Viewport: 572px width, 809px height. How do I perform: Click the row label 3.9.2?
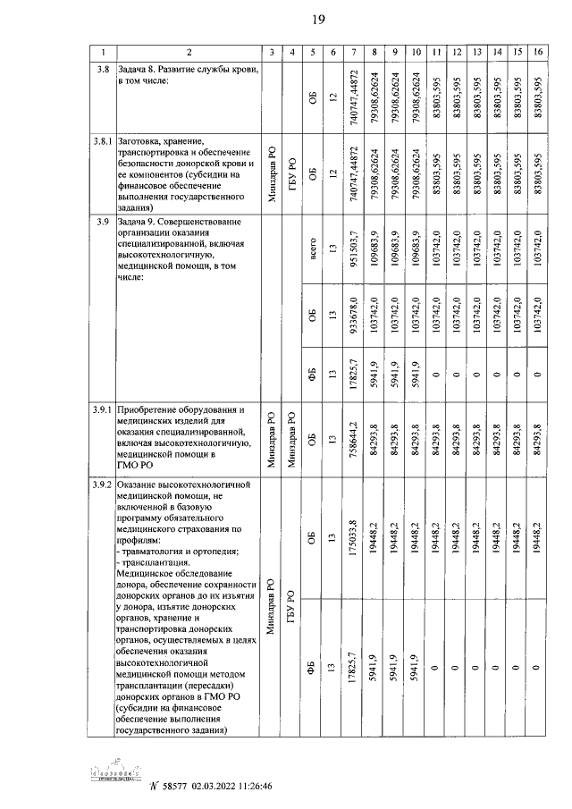(103, 485)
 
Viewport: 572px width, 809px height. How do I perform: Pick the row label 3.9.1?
(103, 409)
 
